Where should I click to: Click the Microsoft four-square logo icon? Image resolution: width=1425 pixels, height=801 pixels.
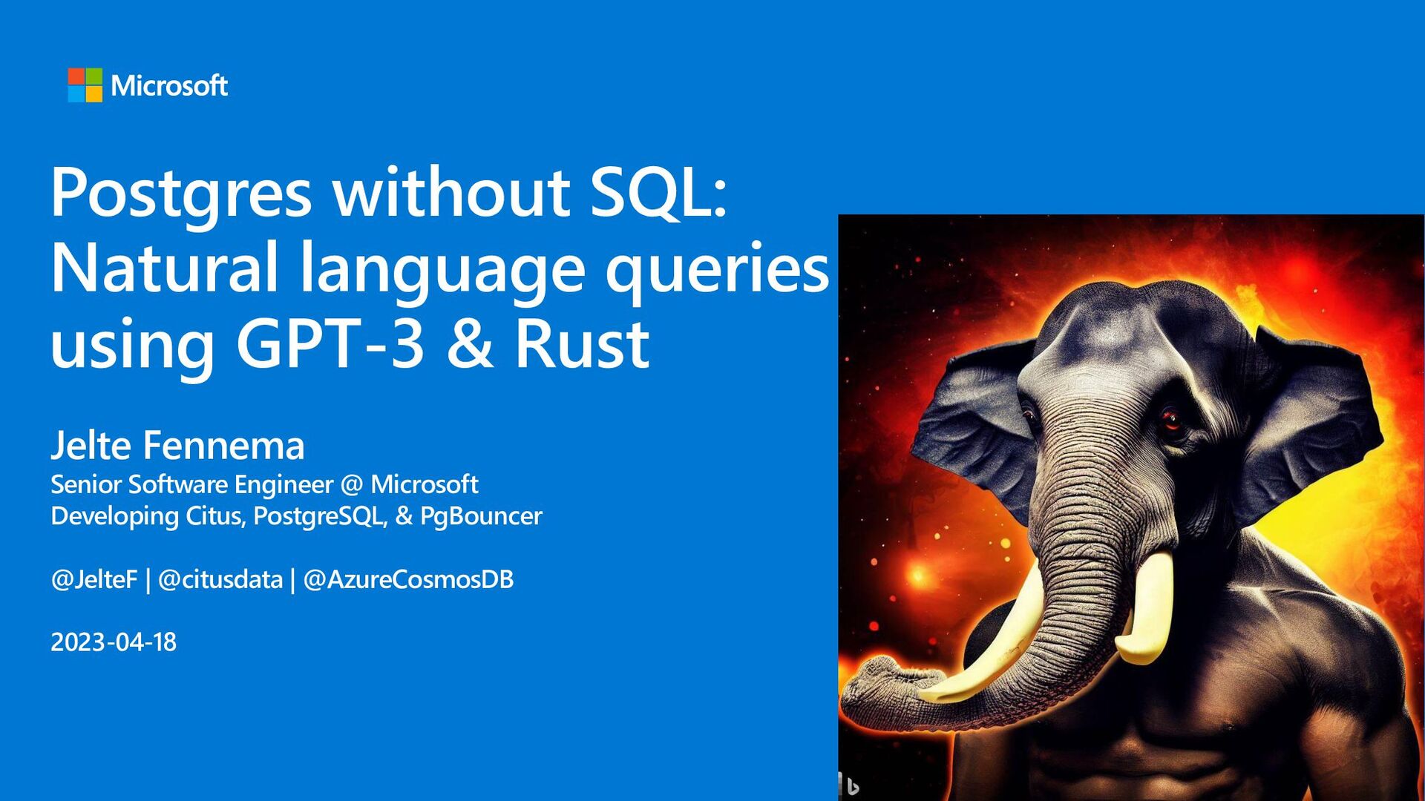coord(85,85)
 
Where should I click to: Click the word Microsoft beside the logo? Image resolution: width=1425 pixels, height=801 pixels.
coord(169,85)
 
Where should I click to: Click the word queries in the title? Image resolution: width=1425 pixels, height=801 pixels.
coord(717,271)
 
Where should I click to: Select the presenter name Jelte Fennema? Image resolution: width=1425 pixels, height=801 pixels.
coord(177,445)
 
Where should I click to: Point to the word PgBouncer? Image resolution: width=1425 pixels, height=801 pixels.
coord(481,516)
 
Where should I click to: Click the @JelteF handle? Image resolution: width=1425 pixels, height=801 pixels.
coord(94,579)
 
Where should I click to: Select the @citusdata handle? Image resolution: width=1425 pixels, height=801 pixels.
coord(220,579)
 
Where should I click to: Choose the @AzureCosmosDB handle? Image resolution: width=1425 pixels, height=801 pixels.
coord(408,579)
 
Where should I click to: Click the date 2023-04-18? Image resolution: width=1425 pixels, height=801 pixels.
coord(114,642)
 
